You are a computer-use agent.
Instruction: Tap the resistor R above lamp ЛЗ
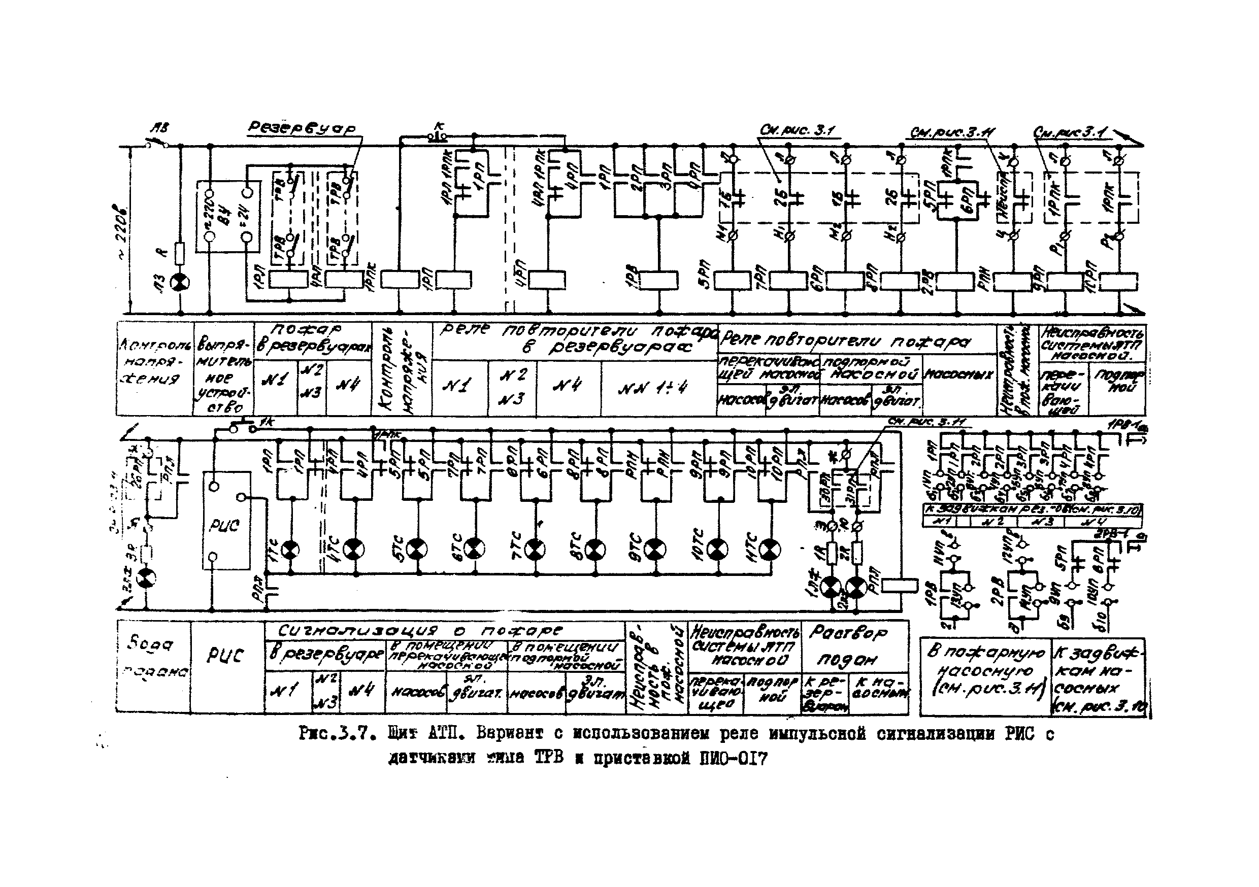(x=180, y=254)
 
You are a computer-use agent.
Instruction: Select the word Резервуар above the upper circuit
(x=302, y=128)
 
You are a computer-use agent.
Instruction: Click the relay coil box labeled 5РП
(x=733, y=281)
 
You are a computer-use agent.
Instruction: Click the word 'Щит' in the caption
(x=402, y=734)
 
